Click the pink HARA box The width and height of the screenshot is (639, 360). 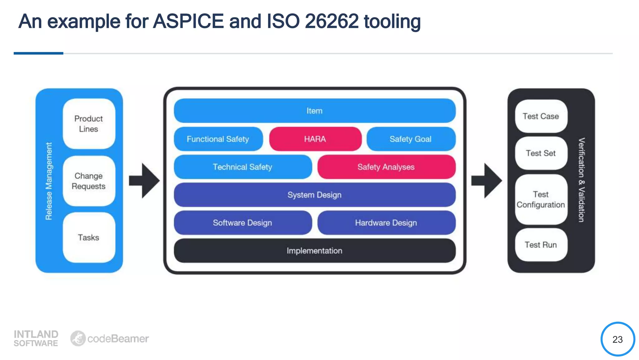click(315, 139)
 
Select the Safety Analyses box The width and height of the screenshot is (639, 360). click(386, 167)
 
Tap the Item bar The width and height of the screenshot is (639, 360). click(315, 111)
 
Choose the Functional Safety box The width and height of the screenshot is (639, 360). click(218, 139)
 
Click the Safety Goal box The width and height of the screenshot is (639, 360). click(411, 139)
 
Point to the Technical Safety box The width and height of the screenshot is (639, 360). click(242, 167)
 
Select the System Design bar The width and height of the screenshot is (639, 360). click(315, 195)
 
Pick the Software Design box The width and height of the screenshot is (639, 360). click(242, 222)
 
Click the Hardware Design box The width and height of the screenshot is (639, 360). click(386, 222)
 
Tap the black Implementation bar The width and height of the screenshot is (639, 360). click(315, 251)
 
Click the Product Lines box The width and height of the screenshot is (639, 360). click(89, 124)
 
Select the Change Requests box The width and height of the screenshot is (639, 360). click(89, 181)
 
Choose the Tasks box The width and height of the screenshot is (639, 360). click(89, 237)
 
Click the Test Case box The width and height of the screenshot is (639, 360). click(541, 116)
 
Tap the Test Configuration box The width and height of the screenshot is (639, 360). click(541, 199)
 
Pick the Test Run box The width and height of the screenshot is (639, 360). click(541, 245)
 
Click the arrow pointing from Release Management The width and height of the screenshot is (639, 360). click(144, 181)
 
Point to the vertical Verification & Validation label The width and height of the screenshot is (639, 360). click(581, 180)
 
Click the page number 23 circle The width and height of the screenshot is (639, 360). click(617, 339)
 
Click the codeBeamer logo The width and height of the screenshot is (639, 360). click(110, 338)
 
